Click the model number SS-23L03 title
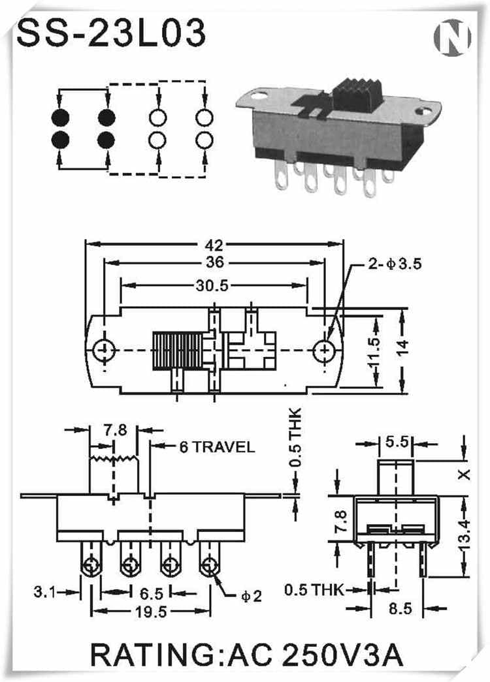111,33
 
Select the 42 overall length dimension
214,246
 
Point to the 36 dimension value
214,262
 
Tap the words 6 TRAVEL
216,447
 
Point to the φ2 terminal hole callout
251,595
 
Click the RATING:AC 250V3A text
245,655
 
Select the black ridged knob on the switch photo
352,96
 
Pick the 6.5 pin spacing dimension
150,593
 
